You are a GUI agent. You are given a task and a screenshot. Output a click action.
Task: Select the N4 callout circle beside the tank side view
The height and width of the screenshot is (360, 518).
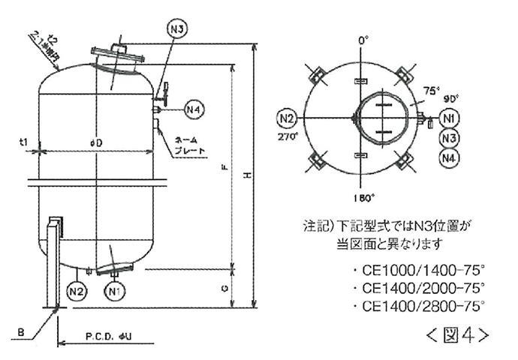pyautogui.click(x=194, y=109)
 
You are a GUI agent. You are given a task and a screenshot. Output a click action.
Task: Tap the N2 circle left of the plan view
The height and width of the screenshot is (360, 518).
pyautogui.click(x=288, y=118)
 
